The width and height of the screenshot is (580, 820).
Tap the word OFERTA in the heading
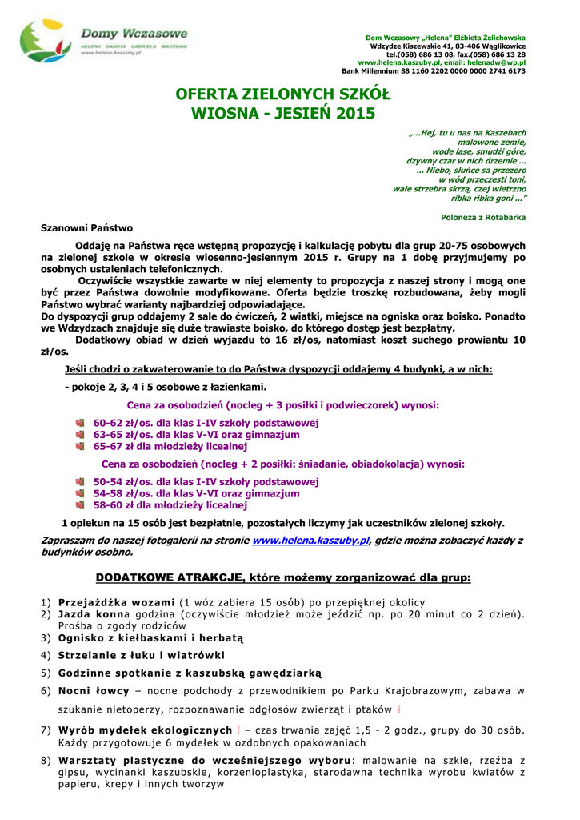[x=210, y=95]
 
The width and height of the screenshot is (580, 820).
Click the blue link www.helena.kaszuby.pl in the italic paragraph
[x=310, y=541]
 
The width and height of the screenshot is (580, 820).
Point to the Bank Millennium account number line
[x=434, y=70]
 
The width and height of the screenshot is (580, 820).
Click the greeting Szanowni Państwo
[x=87, y=228]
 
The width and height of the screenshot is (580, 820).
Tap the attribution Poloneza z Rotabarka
[x=483, y=217]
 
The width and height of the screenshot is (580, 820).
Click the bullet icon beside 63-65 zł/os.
[x=80, y=435]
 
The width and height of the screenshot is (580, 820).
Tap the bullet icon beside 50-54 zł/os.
[x=80, y=482]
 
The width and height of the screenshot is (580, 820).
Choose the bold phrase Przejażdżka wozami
[x=116, y=602]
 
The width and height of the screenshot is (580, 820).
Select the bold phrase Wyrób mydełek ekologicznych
[x=145, y=730]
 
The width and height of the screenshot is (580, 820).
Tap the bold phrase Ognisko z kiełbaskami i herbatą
[x=150, y=638]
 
